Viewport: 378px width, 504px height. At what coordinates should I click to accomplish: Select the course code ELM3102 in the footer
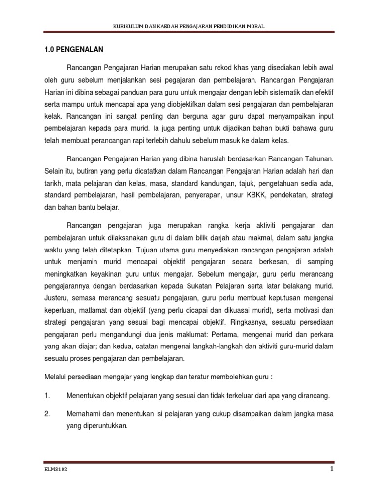tap(54, 470)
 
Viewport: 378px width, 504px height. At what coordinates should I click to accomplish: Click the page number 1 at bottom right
tap(332, 469)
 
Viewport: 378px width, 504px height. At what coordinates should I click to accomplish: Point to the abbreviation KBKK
tap(259, 195)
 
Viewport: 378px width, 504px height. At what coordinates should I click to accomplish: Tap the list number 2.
tap(47, 414)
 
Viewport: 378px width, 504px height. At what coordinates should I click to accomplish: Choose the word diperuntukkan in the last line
tap(97, 427)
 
